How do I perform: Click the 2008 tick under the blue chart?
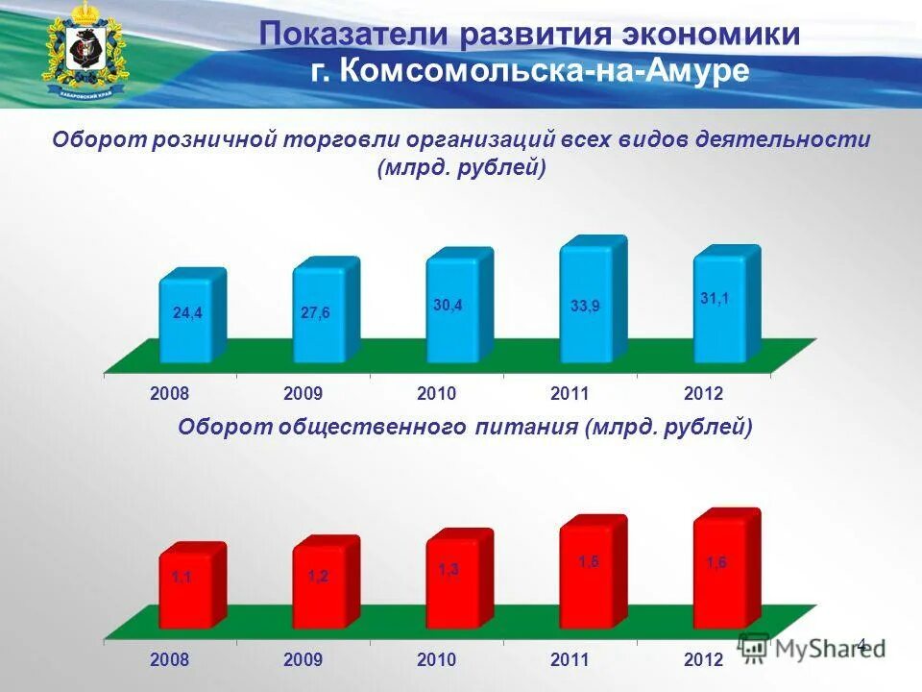[x=169, y=394]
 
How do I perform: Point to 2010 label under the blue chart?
[x=436, y=394]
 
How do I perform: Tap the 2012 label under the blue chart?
[x=703, y=394]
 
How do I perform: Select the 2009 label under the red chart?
[x=303, y=660]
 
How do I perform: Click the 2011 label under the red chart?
[x=570, y=660]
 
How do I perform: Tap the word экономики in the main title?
[x=710, y=35]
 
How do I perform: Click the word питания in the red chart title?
[x=524, y=428]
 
